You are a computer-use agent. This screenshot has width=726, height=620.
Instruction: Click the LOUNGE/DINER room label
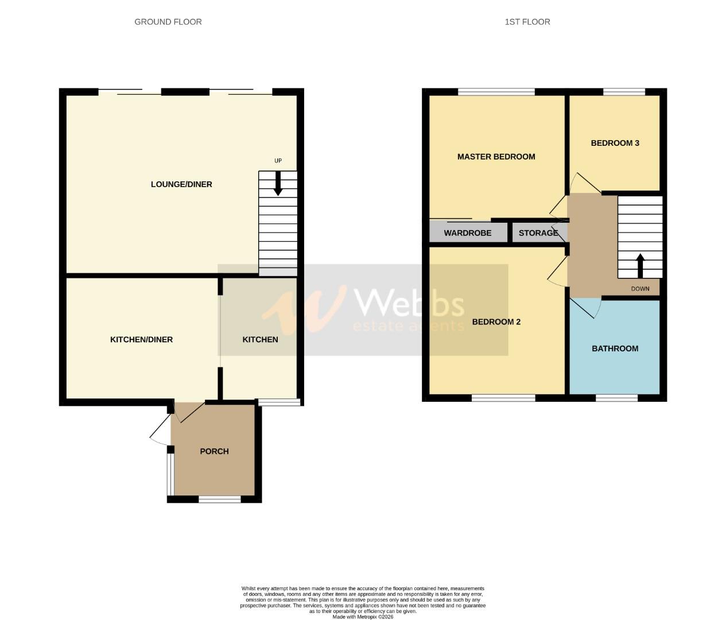click(x=181, y=184)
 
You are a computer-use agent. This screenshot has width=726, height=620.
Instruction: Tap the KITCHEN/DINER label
click(x=141, y=339)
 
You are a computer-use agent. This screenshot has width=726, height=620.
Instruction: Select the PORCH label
click(x=214, y=451)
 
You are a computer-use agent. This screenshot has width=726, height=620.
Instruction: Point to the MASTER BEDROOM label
click(x=496, y=157)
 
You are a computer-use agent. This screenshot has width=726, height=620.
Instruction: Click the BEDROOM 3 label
click(x=615, y=143)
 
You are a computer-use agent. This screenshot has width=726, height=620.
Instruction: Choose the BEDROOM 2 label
click(x=496, y=322)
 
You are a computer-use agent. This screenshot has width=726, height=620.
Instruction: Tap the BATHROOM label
click(x=615, y=348)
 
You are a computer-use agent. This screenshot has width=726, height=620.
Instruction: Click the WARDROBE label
click(x=467, y=233)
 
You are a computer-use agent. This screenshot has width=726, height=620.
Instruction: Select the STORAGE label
click(x=538, y=233)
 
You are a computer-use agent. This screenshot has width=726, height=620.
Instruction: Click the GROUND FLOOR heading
click(x=168, y=22)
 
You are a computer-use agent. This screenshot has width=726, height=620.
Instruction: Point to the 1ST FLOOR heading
click(x=527, y=22)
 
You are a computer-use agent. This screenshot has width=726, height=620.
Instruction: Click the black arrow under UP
click(x=278, y=184)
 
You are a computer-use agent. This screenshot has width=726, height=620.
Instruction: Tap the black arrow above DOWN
click(x=640, y=265)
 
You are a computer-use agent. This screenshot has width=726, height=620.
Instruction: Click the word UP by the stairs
click(x=278, y=161)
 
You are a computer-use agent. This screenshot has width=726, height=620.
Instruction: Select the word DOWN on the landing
click(x=640, y=289)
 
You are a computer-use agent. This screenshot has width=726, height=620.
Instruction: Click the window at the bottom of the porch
click(x=220, y=499)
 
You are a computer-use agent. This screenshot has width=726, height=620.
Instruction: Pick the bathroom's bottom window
click(x=617, y=397)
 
